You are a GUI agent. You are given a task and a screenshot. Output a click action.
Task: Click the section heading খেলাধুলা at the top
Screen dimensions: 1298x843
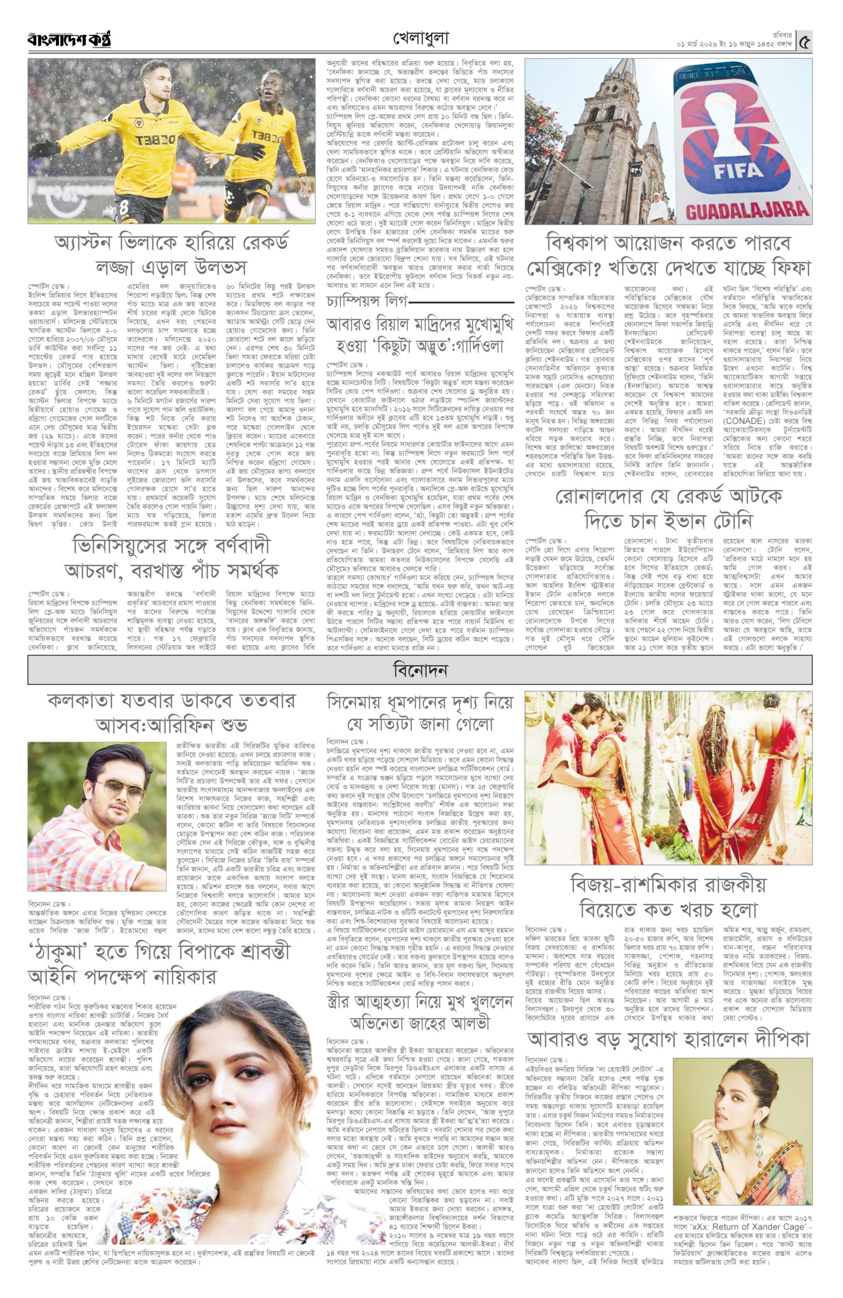tap(420, 39)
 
